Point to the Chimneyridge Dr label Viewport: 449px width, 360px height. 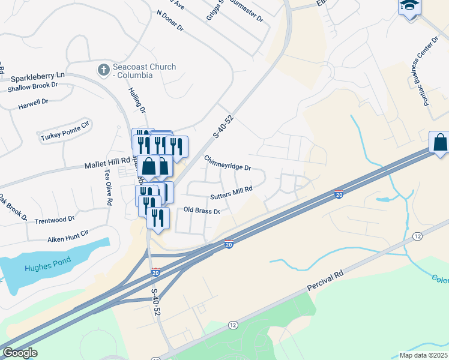[227, 163]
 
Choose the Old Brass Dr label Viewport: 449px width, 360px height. [202, 211]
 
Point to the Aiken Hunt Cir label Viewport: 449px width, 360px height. [68, 235]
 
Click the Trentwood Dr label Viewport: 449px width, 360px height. [54, 220]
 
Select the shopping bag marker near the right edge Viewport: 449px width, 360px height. [440, 143]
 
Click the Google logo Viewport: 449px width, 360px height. [20, 353]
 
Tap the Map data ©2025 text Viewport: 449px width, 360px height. [423, 355]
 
